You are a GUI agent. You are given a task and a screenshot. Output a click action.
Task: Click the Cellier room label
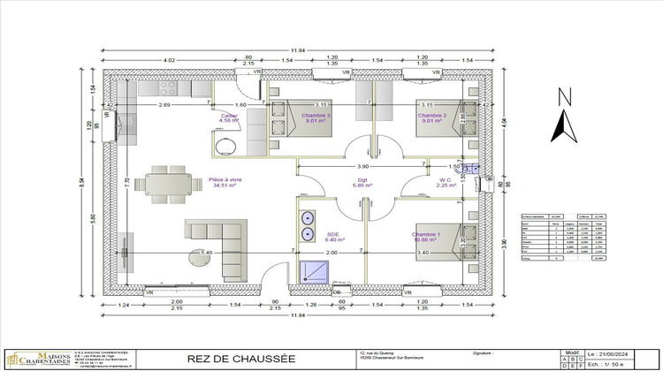[x=229, y=118]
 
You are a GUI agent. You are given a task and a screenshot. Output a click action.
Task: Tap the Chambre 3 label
[x=316, y=118]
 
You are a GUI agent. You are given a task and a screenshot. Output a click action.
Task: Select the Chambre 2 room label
[x=432, y=118]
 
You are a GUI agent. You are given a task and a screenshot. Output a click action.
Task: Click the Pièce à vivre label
[x=225, y=183]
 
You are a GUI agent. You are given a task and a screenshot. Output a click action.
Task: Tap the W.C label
[x=446, y=182]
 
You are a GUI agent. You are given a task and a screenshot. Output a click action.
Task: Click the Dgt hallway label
[x=363, y=183]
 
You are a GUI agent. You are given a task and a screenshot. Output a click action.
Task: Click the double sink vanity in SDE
[x=309, y=226]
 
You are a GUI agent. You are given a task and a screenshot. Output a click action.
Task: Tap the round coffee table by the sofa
[x=198, y=256]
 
